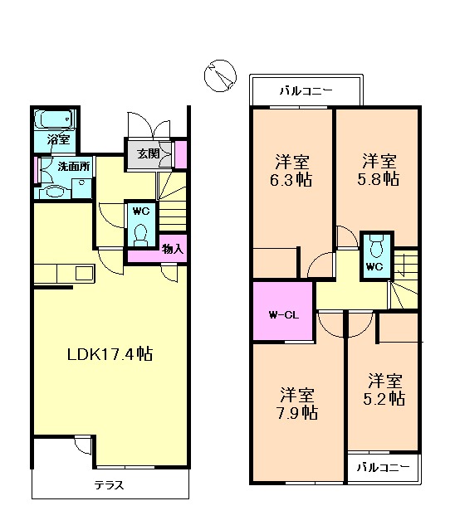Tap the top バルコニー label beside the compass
[x=306, y=90]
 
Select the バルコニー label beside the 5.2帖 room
[x=383, y=468]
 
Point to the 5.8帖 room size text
[x=379, y=171]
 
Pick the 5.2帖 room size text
[x=385, y=390]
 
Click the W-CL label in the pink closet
[x=281, y=314]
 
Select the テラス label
[x=109, y=485]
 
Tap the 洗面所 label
[x=73, y=167]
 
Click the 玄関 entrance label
[x=149, y=153]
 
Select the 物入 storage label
[x=172, y=248]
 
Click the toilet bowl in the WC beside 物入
[x=140, y=231]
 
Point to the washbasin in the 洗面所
[x=52, y=191]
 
